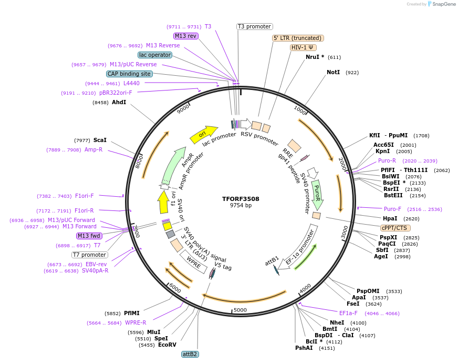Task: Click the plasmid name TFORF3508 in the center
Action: pyautogui.click(x=241, y=199)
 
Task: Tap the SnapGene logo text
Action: pyautogui.click(x=444, y=4)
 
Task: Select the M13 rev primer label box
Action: pyautogui.click(x=185, y=36)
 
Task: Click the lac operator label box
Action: pyautogui.click(x=155, y=55)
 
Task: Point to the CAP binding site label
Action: pyautogui.click(x=129, y=74)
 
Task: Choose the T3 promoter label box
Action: pyautogui.click(x=254, y=26)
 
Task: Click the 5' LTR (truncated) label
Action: pyautogui.click(x=298, y=38)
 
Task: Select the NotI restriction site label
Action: pyautogui.click(x=333, y=72)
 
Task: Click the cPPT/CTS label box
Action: pyautogui.click(x=395, y=228)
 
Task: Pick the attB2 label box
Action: pyautogui.click(x=190, y=354)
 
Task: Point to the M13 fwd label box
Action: pyautogui.click(x=89, y=236)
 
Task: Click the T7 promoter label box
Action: pyautogui.click(x=89, y=255)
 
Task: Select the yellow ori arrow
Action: pyautogui.click(x=203, y=135)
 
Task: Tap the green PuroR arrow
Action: pyautogui.click(x=317, y=193)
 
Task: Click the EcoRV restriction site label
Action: pyautogui.click(x=167, y=345)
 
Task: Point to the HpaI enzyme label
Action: pyautogui.click(x=390, y=218)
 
